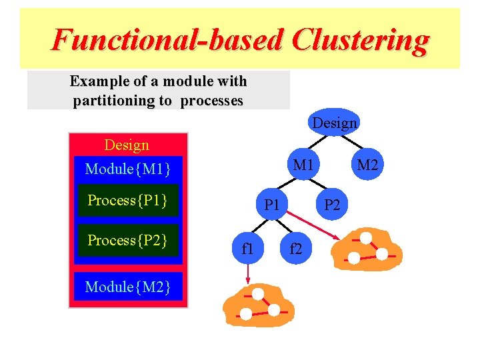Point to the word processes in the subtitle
coord(212,101)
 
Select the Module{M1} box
coord(129,169)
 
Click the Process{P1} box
coord(127,201)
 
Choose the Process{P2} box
coord(127,241)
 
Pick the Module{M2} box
coord(128,287)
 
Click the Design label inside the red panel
coord(127,145)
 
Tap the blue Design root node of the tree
coord(335,123)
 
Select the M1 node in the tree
coord(303,164)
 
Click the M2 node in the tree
coord(366,164)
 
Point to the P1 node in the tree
coord(272,205)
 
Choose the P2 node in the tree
coord(332,205)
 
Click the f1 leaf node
coord(247,249)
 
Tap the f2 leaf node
coord(295,249)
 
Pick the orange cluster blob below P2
coord(368,249)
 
